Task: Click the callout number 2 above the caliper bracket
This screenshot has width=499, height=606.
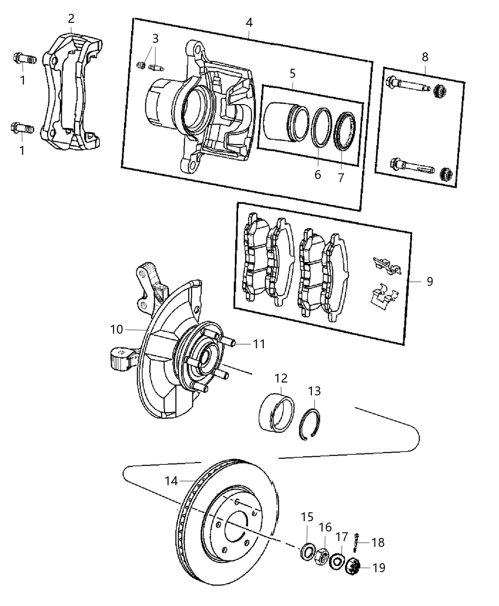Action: point(71,19)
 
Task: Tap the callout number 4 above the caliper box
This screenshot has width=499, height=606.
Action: point(249,22)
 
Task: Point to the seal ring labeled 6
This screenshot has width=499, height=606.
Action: point(321,127)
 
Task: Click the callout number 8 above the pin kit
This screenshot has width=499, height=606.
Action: point(425,57)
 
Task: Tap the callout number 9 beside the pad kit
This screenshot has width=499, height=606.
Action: point(430,282)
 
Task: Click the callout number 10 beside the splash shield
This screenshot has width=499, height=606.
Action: point(117,329)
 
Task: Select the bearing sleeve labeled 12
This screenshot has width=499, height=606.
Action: point(278,410)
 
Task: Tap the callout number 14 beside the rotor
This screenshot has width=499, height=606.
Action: point(171,481)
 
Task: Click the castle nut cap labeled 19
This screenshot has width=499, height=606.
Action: point(354,567)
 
